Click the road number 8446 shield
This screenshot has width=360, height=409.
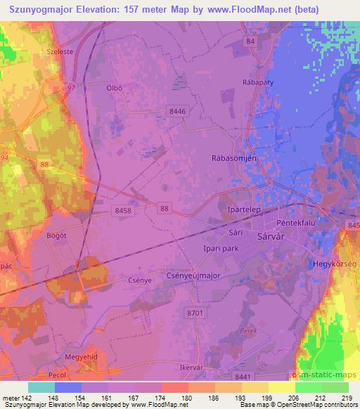click(178, 111)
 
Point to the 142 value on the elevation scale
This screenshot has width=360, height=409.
click(27, 397)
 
